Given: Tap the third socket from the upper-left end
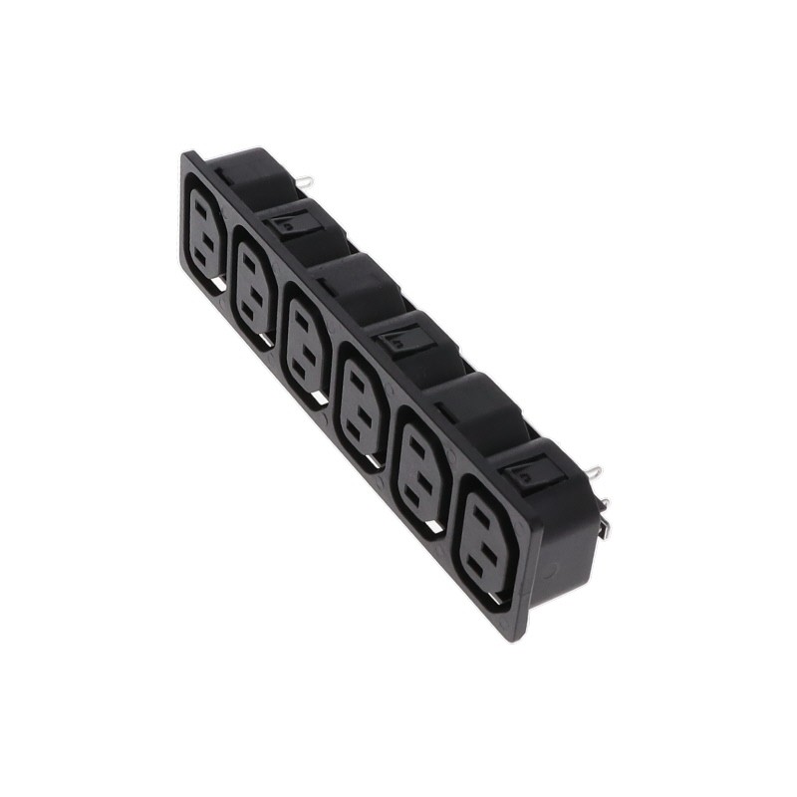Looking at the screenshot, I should (x=305, y=339).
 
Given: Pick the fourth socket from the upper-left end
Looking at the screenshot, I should (x=359, y=398).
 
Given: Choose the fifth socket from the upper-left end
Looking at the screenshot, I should (x=417, y=463).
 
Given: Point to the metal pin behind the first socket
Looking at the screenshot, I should (x=304, y=181).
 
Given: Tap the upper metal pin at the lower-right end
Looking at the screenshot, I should (x=594, y=471).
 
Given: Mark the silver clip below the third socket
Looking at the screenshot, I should (x=318, y=398).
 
